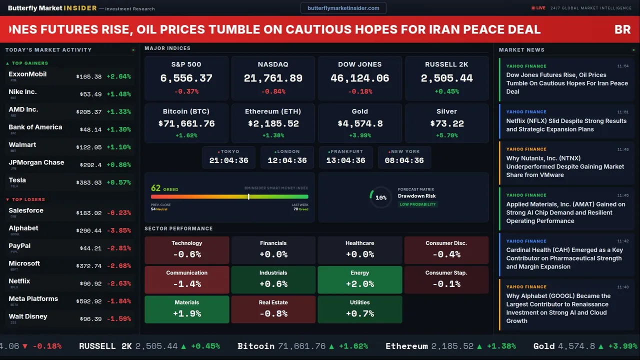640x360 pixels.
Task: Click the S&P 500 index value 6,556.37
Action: pyautogui.click(x=186, y=78)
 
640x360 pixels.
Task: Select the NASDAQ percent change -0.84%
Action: pyautogui.click(x=273, y=91)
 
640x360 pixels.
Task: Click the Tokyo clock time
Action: pyautogui.click(x=228, y=160)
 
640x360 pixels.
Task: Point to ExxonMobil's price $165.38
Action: pyautogui.click(x=89, y=77)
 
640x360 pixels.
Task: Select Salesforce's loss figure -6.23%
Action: pyautogui.click(x=119, y=213)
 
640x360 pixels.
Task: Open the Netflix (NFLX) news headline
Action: pyautogui.click(x=566, y=125)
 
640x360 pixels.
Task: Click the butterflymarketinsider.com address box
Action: pyautogui.click(x=343, y=8)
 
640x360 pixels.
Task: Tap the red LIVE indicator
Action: pyautogui.click(x=538, y=8)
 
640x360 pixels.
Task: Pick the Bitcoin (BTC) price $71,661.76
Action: pyautogui.click(x=186, y=123)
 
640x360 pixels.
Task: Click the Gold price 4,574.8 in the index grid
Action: pyautogui.click(x=359, y=123)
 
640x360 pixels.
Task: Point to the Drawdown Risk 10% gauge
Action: pyautogui.click(x=380, y=197)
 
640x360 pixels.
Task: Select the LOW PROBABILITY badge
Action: pyautogui.click(x=417, y=204)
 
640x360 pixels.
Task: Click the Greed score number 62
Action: pyautogui.click(x=156, y=188)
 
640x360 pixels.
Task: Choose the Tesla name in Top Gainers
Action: pyautogui.click(x=17, y=180)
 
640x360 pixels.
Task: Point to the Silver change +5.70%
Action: pyautogui.click(x=446, y=135)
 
